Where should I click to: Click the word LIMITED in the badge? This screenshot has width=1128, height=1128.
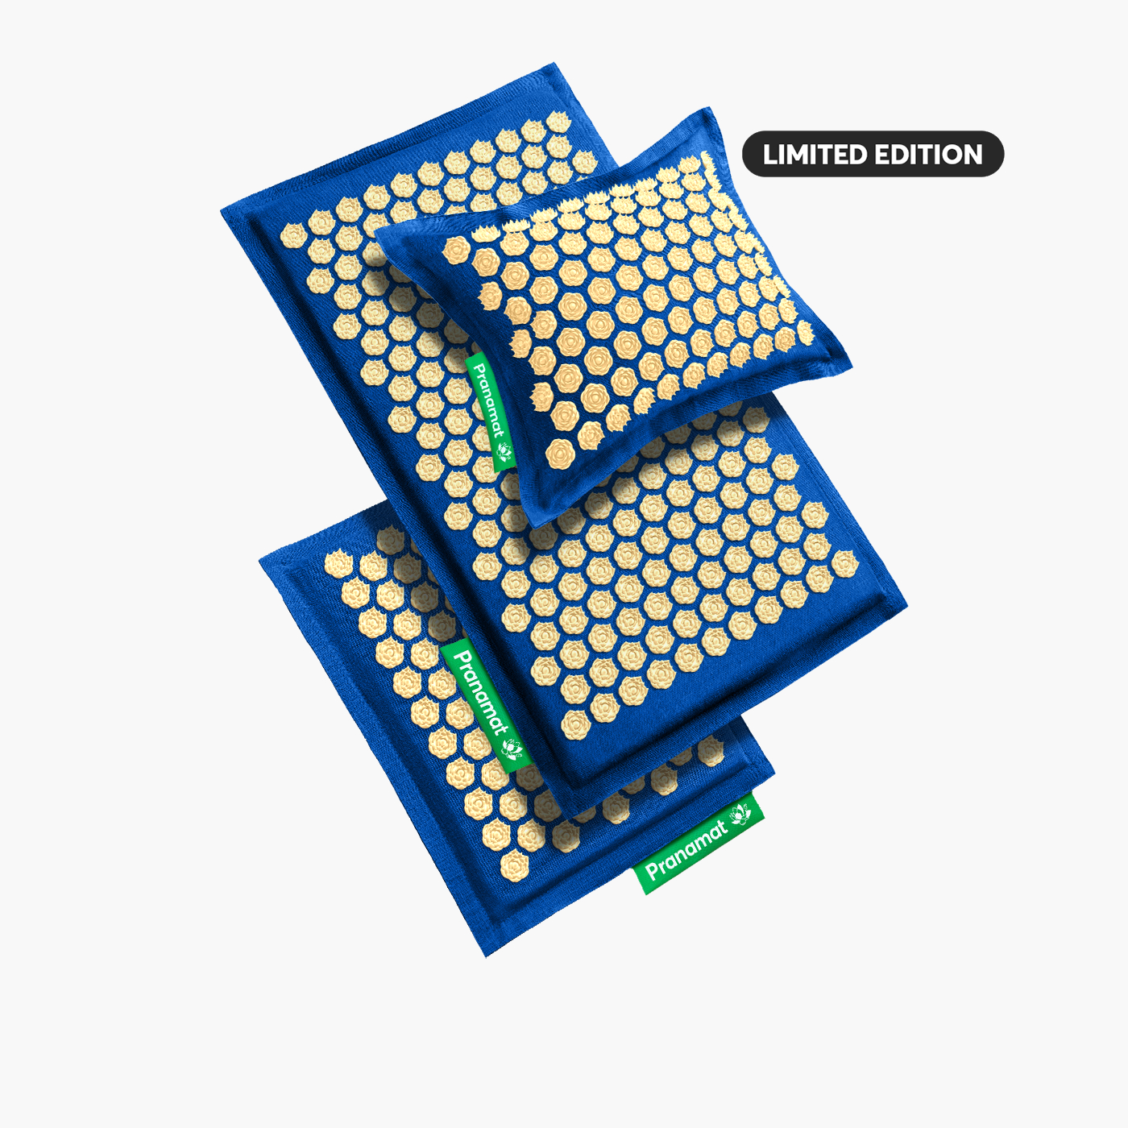[815, 155]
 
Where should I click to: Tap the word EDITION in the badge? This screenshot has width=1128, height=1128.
[928, 155]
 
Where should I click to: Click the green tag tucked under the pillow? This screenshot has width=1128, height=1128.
[491, 411]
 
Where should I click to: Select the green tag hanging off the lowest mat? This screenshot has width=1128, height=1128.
[699, 843]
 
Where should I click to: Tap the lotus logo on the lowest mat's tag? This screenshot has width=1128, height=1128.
[740, 815]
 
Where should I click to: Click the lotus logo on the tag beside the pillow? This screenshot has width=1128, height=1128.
[504, 450]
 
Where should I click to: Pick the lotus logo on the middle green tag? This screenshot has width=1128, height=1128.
[512, 748]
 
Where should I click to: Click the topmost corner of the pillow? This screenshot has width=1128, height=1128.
[709, 108]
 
